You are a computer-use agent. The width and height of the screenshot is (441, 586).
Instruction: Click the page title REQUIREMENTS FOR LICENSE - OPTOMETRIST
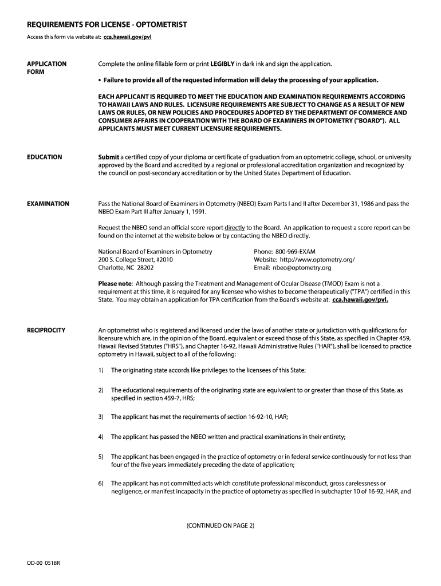107,25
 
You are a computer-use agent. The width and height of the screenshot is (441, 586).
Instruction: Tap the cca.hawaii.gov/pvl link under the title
127,37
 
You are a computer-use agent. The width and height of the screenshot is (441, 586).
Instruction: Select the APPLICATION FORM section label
47,68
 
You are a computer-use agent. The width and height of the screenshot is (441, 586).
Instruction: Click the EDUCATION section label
45,157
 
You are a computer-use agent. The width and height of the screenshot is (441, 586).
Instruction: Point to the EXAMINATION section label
48,204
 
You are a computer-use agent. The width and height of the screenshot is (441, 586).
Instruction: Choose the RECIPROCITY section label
46,330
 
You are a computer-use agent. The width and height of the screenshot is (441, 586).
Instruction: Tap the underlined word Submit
109,157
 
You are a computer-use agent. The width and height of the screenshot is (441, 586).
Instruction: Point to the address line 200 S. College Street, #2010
136,259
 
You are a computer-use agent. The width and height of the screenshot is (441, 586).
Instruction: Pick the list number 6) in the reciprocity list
101,483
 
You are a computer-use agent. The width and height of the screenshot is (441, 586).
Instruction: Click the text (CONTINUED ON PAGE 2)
220,525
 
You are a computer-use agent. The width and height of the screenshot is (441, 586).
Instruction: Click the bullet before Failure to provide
100,80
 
